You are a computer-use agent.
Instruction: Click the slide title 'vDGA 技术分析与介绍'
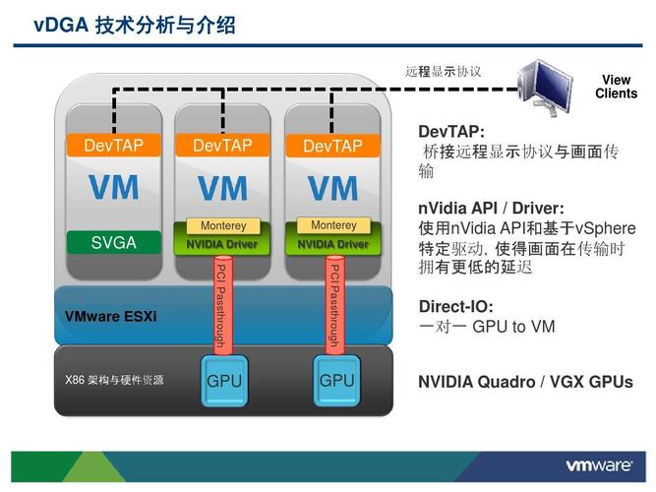tap(135, 26)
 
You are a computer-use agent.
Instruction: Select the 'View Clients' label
tap(616, 87)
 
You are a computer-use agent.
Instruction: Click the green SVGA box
tap(113, 242)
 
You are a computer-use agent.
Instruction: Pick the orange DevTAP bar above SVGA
tap(113, 146)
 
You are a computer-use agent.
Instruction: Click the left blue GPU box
tap(224, 381)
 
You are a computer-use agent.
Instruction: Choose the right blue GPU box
tap(336, 380)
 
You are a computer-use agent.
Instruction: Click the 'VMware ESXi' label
tap(110, 316)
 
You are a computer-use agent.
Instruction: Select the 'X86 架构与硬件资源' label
tap(114, 380)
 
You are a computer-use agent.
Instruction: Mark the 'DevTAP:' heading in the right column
tap(451, 131)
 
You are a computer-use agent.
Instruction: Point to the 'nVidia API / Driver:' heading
tap(491, 208)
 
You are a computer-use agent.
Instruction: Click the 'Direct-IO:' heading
tap(455, 306)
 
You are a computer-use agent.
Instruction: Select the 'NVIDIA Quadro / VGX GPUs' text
tap(525, 382)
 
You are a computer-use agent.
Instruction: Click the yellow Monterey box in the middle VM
tap(222, 226)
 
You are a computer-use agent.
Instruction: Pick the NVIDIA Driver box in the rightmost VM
tap(333, 243)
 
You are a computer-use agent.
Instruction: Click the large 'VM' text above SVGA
tap(113, 187)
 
